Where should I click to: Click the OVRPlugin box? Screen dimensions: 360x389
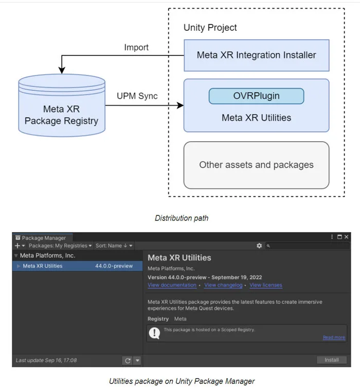click(256, 96)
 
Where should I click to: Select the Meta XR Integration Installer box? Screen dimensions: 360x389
click(257, 55)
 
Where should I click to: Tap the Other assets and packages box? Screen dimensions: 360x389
click(257, 165)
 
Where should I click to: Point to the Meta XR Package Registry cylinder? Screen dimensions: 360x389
click(62, 105)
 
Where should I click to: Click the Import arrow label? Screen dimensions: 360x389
click(136, 47)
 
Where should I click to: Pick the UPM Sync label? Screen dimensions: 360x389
click(137, 96)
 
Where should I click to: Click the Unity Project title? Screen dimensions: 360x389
click(210, 28)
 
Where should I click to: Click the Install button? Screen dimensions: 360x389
click(331, 360)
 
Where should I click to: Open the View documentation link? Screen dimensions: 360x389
click(172, 285)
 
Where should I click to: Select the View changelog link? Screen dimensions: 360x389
click(223, 285)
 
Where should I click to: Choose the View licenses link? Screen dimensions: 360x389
click(266, 285)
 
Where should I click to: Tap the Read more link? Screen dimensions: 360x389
click(334, 338)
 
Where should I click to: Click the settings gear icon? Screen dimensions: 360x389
click(259, 246)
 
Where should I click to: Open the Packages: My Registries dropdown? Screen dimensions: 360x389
click(60, 246)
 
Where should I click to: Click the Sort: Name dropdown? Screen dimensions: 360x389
click(114, 246)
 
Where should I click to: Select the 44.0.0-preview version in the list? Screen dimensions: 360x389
click(114, 266)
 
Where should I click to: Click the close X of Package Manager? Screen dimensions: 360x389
click(346, 237)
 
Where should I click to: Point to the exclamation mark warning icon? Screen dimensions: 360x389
click(154, 333)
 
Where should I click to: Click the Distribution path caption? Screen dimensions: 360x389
click(182, 218)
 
